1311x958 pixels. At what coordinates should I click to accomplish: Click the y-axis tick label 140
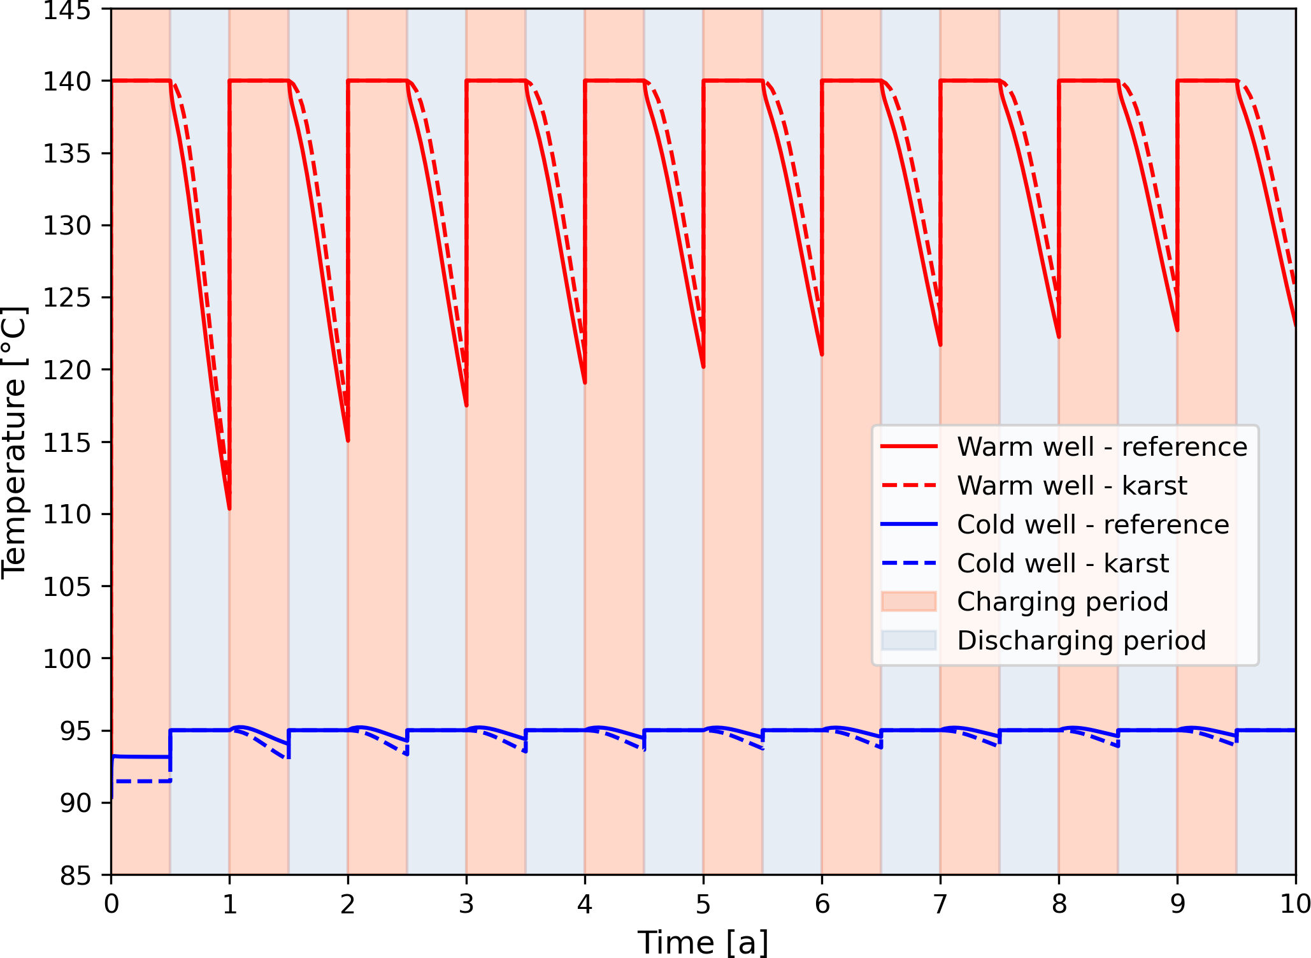tap(67, 82)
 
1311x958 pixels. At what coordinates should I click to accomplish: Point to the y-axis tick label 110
tap(67, 514)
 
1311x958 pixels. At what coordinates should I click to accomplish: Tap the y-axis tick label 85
tap(76, 876)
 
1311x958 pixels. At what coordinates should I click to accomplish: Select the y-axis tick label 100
tap(67, 658)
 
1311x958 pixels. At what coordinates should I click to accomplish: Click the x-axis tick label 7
tap(940, 904)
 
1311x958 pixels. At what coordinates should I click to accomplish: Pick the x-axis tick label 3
tap(466, 904)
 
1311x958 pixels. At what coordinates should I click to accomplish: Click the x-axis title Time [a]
tap(703, 941)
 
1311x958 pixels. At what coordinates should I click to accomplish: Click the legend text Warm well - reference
tap(1101, 447)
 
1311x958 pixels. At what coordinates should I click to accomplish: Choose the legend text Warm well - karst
tap(1071, 486)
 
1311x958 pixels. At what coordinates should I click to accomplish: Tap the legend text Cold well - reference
tap(1092, 525)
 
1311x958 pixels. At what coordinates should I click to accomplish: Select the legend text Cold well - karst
tap(1063, 563)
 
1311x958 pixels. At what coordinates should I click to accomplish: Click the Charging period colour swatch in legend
tap(908, 602)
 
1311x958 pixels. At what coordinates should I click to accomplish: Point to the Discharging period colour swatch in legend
tap(908, 641)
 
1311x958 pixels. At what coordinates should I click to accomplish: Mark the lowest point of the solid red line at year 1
tap(229, 508)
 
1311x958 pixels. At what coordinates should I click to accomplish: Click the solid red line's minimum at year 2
tap(348, 440)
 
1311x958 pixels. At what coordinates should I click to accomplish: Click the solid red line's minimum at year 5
tap(703, 367)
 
